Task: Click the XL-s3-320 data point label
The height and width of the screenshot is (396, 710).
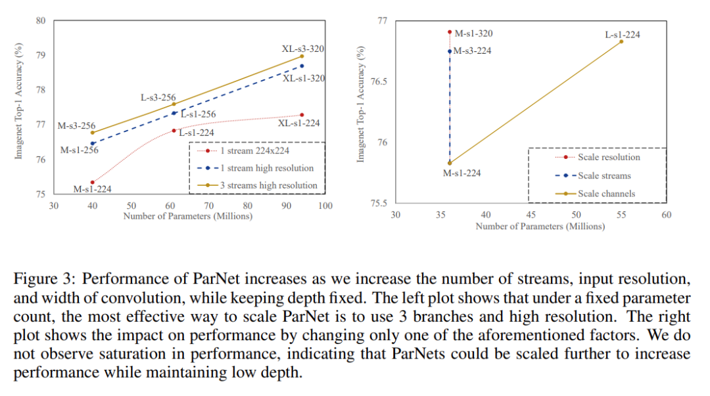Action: [303, 49]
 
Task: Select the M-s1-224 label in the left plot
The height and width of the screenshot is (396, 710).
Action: [92, 189]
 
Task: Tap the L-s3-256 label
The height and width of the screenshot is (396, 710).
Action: [158, 97]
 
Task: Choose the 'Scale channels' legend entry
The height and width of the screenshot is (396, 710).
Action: [606, 194]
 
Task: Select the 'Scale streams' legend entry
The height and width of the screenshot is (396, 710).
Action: [604, 175]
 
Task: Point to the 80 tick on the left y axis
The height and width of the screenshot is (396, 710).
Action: [41, 20]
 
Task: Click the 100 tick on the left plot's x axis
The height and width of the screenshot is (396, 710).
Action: [325, 206]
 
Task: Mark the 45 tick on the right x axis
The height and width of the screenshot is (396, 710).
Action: [531, 215]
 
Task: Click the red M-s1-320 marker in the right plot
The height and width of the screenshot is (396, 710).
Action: [450, 32]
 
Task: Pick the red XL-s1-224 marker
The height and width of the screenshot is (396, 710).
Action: [302, 115]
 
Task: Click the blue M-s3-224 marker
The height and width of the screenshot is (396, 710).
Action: [450, 51]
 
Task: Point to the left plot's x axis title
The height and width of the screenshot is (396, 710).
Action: [188, 216]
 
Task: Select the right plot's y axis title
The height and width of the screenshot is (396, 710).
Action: [361, 105]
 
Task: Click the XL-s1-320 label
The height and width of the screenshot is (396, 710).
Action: [304, 79]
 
